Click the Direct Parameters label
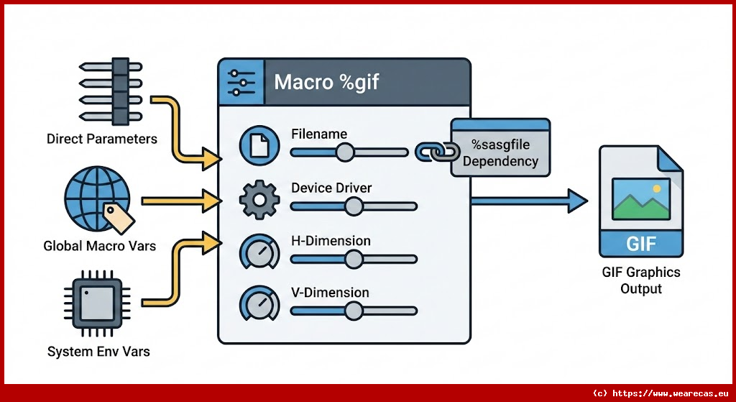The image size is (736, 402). tap(101, 139)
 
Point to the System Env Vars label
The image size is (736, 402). tap(98, 352)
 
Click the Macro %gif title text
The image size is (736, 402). tap(326, 82)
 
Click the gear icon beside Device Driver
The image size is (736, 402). tap(257, 200)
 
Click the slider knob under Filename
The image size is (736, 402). tap(345, 152)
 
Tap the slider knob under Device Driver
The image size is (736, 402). tap(353, 206)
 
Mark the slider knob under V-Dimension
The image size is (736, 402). tap(353, 311)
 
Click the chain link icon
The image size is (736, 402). tap(437, 151)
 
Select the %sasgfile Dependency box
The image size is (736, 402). tap(500, 149)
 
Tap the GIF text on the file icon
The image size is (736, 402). tap(640, 243)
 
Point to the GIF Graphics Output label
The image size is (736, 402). tap(641, 280)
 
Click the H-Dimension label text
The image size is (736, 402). tap(331, 241)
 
